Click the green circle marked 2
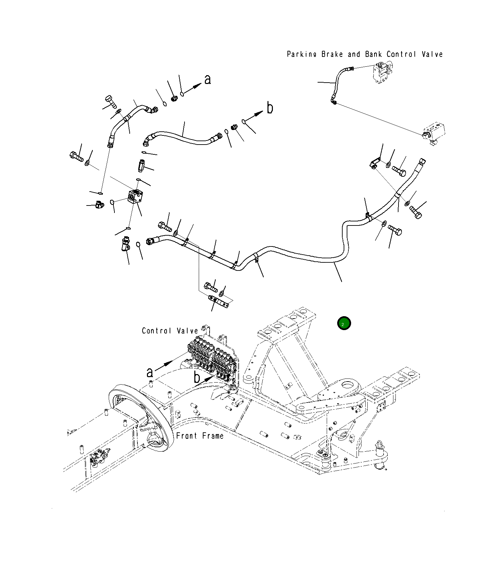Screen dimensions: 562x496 tap(344, 323)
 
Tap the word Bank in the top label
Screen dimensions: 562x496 tap(373, 54)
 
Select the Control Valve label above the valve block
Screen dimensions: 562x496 tap(170, 331)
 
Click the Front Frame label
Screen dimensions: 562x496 tap(200, 436)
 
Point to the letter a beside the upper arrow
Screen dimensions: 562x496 tap(208, 80)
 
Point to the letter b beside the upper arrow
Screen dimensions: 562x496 tap(269, 108)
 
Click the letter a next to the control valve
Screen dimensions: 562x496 tap(150, 372)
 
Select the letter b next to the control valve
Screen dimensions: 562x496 tap(197, 377)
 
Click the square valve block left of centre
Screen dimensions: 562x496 tap(136, 197)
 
